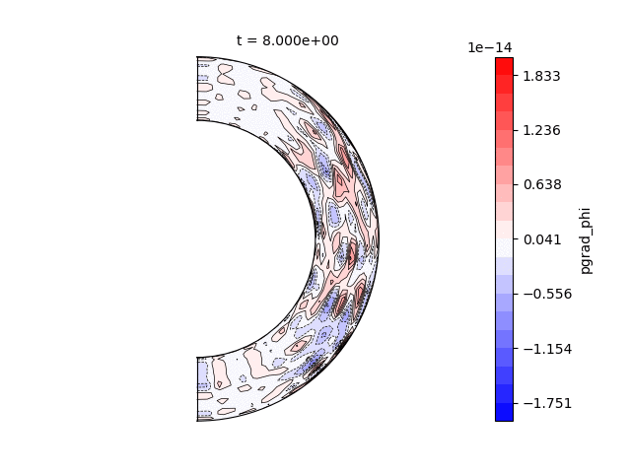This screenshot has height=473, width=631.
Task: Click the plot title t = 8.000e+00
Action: [x=287, y=40]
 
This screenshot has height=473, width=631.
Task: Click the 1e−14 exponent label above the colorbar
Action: [x=490, y=48]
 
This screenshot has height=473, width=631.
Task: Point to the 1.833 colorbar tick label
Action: [x=541, y=76]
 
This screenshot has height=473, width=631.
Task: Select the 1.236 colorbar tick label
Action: [x=541, y=130]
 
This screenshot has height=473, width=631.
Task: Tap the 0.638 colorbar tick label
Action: [x=542, y=185]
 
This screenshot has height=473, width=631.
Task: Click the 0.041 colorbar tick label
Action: [x=542, y=239]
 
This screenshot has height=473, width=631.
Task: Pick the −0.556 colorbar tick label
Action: [x=548, y=294]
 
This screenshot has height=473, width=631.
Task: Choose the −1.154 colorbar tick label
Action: [x=548, y=349]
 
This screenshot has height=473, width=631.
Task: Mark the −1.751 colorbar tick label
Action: [x=548, y=403]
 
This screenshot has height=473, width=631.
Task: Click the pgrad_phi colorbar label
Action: [x=587, y=240]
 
